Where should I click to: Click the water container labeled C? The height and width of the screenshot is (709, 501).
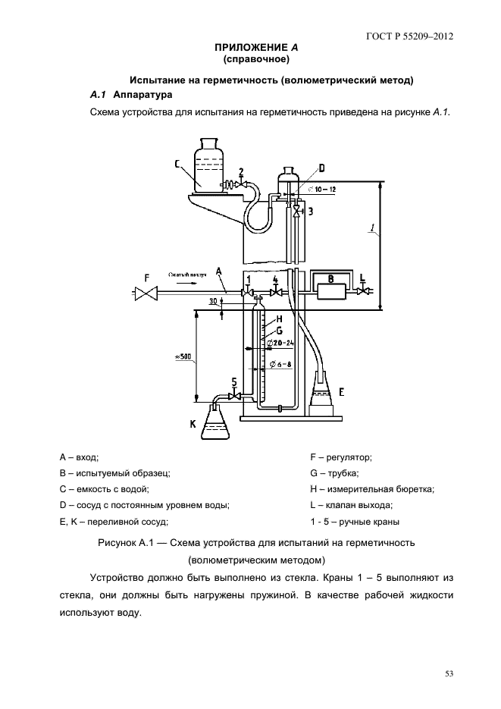209,165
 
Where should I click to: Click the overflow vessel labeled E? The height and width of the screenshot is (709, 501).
322,393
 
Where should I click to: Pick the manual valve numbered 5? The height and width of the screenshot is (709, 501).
234,397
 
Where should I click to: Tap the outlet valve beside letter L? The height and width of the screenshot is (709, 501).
363,292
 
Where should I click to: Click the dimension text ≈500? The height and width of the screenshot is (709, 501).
184,357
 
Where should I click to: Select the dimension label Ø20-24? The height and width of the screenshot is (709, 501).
280,344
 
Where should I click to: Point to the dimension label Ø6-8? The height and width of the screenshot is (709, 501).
281,363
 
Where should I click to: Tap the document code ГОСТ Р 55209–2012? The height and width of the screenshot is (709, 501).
410,36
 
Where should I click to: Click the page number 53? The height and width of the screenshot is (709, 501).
449,673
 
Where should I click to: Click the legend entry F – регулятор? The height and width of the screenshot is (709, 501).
341,457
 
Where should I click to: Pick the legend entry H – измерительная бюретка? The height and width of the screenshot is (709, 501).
372,489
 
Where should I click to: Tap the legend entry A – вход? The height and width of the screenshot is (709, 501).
79,457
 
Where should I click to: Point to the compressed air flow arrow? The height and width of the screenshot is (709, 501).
185,284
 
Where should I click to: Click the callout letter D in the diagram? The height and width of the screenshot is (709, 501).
321,168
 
